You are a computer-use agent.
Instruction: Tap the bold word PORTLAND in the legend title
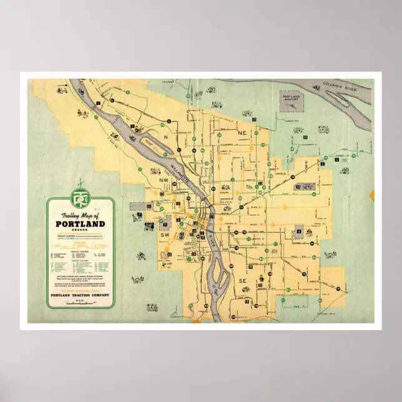81,224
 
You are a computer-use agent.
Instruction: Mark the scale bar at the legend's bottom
81,303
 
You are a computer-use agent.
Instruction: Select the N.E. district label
243,133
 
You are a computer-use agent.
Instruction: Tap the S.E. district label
244,282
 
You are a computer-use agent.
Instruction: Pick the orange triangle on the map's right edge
372,195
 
